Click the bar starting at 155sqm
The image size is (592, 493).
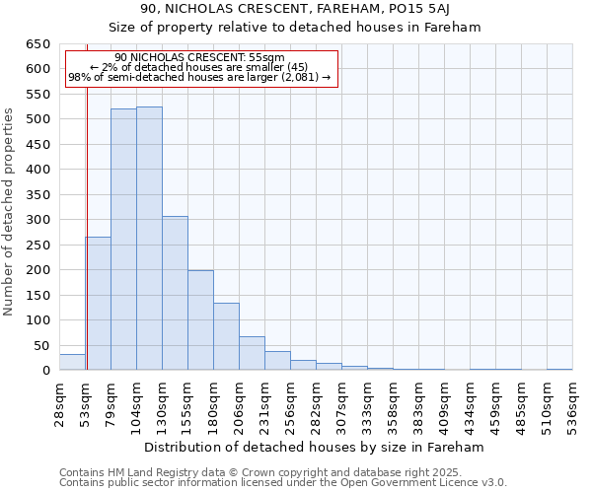click(200, 320)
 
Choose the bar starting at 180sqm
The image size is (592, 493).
click(226, 336)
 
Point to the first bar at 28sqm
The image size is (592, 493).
click(72, 362)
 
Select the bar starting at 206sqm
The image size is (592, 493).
click(252, 353)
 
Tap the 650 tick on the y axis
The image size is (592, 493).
click(37, 44)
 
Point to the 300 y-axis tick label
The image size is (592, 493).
click(37, 220)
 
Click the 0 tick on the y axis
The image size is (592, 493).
click(45, 371)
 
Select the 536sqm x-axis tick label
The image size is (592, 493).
click(572, 404)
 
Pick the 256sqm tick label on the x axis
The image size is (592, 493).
click(290, 404)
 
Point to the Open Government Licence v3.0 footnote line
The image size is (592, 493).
click(283, 483)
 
